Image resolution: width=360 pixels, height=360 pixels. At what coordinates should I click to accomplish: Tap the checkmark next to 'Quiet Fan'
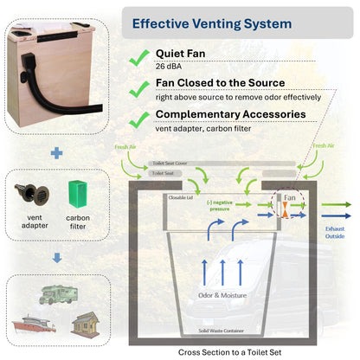[136, 57]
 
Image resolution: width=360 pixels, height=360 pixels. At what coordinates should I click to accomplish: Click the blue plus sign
[57, 153]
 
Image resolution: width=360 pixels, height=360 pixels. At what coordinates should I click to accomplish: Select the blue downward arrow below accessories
[57, 256]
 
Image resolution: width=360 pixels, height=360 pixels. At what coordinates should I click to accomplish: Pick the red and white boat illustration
[33, 325]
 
